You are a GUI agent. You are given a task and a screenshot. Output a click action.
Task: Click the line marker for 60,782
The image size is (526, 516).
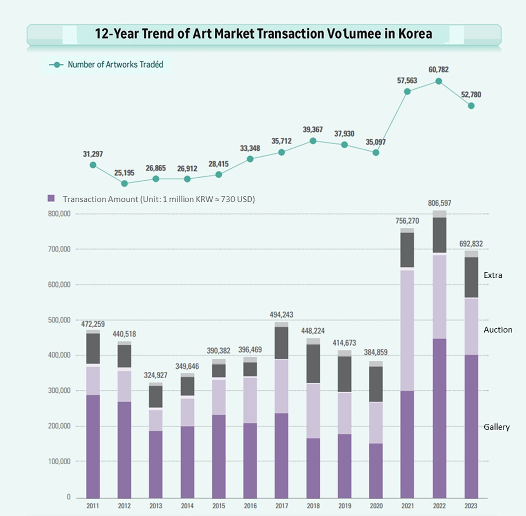pos(439,81)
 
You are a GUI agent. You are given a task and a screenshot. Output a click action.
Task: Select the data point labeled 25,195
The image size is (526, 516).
pos(125,183)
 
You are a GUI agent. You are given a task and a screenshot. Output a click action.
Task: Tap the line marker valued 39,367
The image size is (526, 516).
pos(313,141)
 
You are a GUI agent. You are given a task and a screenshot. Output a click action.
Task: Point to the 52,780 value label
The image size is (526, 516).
pos(471,95)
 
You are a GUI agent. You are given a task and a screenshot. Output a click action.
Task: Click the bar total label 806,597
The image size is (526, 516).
pos(439,203)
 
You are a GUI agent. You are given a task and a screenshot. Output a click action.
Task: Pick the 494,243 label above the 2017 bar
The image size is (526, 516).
pos(281,315)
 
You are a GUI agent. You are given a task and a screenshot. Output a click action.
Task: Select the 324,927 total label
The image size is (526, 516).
pos(155,375)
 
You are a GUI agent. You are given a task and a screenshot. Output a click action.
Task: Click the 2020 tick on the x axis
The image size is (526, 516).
pos(376,506)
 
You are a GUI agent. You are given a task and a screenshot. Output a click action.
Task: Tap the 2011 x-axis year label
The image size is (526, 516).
pos(93,506)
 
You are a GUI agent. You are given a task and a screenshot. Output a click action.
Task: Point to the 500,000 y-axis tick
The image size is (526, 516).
pos(59,320)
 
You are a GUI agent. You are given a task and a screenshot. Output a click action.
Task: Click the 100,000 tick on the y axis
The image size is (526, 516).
pos(59,461)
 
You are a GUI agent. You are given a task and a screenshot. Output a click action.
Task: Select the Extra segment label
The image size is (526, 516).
pos(493,275)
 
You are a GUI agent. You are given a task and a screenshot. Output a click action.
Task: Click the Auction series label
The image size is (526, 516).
pos(498,330)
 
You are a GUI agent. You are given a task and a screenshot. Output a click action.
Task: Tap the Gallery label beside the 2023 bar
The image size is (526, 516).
pos(496,427)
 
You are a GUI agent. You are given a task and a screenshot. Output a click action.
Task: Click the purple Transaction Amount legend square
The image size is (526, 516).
pos(51,198)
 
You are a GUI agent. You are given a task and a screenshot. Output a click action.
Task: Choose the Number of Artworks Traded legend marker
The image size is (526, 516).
pos(56,65)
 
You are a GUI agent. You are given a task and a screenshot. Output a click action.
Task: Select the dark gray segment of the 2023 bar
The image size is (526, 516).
pos(471,277)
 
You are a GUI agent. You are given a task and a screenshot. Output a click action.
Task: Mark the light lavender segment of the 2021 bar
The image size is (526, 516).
pos(407,330)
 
